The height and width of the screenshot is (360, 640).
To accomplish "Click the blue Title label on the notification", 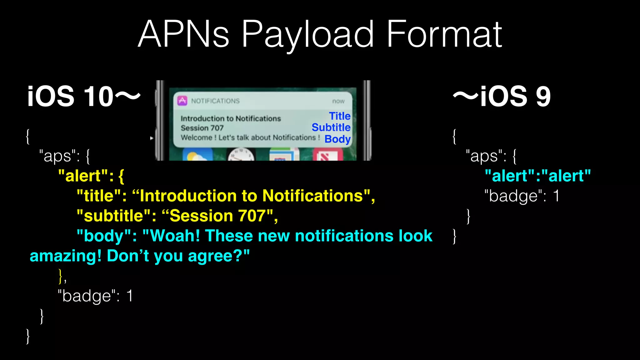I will tap(340, 116).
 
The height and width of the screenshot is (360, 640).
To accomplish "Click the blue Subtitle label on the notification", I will tap(331, 127).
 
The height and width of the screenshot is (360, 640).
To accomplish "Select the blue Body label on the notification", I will tap(337, 139).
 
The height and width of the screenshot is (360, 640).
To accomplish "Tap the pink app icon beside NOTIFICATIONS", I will tap(182, 101).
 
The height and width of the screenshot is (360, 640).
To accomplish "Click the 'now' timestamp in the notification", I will tap(338, 101).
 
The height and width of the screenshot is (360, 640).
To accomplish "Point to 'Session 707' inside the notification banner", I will tap(202, 128).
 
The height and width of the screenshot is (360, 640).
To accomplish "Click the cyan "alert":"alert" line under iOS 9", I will tap(537, 176).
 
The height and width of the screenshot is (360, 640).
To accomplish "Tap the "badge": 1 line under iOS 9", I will tap(521, 196).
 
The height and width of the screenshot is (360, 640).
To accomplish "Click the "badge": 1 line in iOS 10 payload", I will tap(95, 296).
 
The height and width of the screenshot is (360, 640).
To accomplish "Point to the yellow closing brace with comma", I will tap(62, 276).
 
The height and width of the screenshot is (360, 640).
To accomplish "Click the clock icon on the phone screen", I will tap(241, 155).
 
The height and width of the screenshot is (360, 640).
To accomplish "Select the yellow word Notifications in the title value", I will tap(312, 196).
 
